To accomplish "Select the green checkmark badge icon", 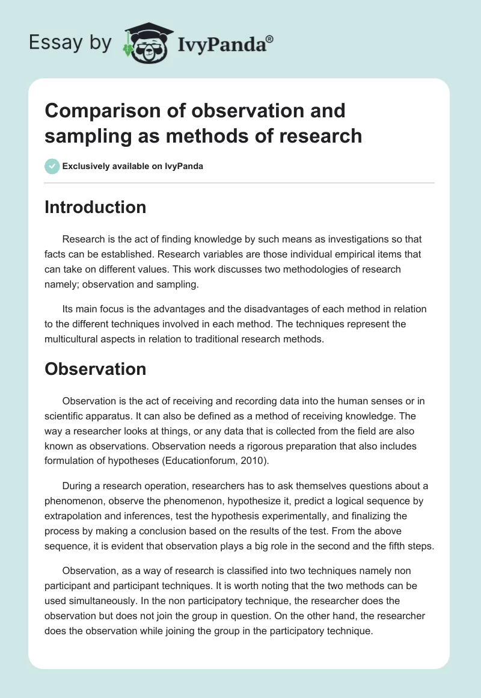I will [52, 167].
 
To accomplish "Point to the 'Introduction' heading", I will [95, 208].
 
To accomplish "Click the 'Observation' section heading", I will [95, 369].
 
